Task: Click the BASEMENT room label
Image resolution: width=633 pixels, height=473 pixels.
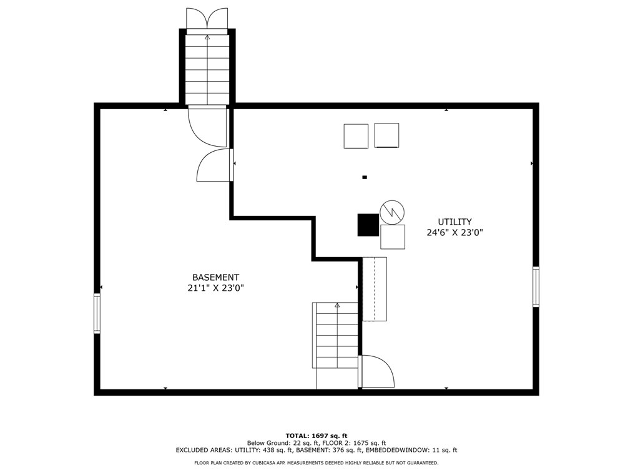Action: click(x=215, y=277)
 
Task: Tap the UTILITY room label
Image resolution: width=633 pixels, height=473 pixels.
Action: click(x=454, y=222)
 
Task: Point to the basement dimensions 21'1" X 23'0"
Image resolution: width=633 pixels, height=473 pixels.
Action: click(x=215, y=288)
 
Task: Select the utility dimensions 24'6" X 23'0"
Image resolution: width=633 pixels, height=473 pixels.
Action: click(x=454, y=233)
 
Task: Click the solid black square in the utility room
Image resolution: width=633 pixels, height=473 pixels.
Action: click(x=368, y=225)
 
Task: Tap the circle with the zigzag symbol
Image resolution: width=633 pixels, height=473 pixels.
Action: click(x=392, y=212)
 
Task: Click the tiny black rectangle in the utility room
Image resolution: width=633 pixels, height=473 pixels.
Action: click(x=365, y=177)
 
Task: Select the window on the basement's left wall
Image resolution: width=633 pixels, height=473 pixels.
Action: click(x=97, y=313)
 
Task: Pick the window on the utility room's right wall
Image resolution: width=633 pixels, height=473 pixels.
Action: click(x=536, y=286)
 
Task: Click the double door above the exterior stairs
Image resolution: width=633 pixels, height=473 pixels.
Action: click(x=207, y=19)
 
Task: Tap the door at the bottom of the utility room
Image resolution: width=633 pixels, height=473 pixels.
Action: click(x=376, y=371)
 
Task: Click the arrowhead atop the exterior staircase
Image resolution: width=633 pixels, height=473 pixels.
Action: click(x=207, y=37)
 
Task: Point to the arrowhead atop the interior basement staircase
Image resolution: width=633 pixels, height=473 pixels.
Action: click(x=337, y=305)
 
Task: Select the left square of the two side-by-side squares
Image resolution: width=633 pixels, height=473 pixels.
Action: click(x=356, y=136)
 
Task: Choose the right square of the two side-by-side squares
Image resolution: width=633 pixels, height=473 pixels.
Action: click(x=387, y=135)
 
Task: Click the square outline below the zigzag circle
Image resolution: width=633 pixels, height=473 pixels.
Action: click(x=393, y=237)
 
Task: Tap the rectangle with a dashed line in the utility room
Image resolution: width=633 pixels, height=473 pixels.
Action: click(x=375, y=289)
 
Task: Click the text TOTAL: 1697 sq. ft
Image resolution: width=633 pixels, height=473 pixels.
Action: click(x=316, y=436)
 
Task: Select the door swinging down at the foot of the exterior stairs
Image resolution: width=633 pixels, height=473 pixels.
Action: click(x=207, y=126)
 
